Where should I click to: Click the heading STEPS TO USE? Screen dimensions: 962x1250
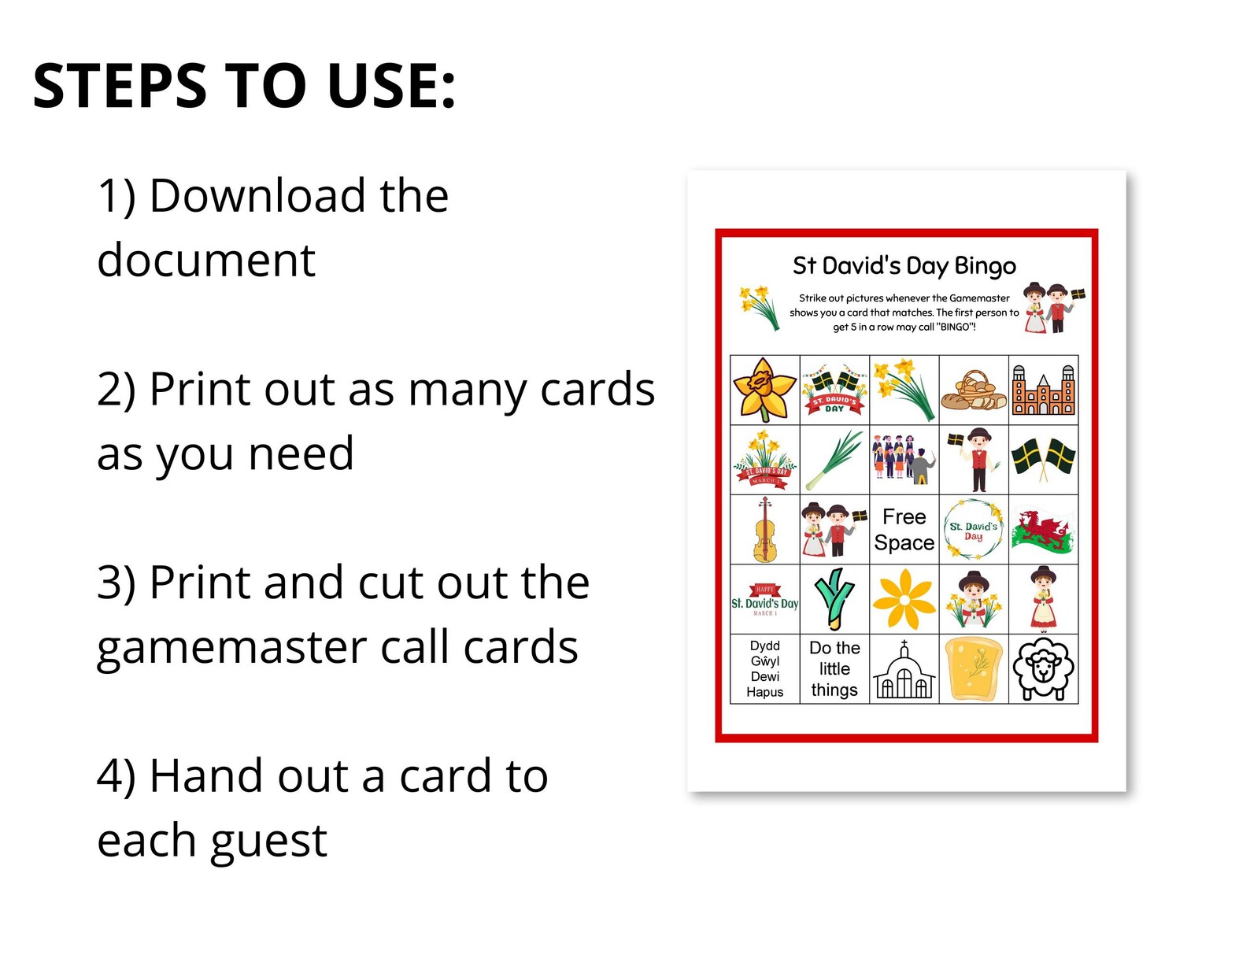click(244, 86)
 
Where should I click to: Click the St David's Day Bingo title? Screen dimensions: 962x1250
click(904, 266)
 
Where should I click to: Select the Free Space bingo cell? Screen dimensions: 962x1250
click(904, 529)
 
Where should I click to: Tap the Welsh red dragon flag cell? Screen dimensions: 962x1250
click(1043, 529)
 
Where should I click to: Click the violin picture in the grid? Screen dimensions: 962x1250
click(764, 529)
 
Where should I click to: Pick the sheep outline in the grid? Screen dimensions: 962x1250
click(1043, 669)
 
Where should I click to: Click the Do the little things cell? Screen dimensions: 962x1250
click(834, 669)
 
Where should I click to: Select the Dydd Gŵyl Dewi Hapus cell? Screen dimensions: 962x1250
click(764, 669)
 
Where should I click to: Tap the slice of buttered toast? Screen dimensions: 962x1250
click(974, 669)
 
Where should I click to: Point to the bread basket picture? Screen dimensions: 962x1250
click(974, 390)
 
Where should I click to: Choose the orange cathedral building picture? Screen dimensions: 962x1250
click(1043, 390)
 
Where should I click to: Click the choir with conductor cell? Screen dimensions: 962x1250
click(904, 459)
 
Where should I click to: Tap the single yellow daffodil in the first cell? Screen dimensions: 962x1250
click(764, 390)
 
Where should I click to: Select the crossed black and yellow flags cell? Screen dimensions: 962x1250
click(1043, 459)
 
